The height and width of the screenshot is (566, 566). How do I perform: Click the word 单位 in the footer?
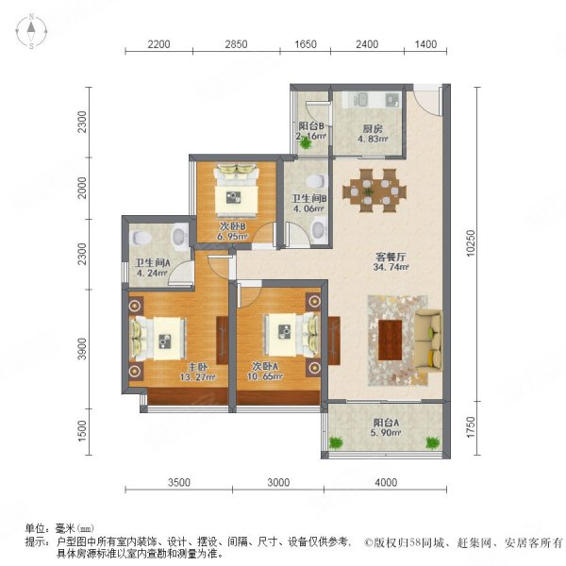(35, 529)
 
